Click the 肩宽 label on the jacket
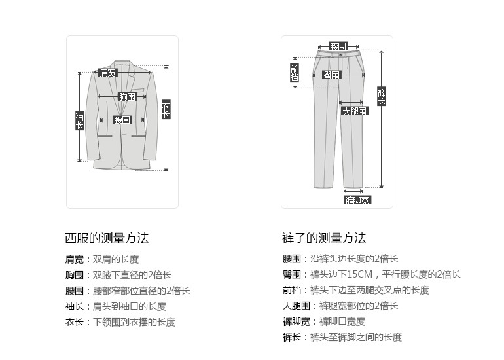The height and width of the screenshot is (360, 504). point(107,73)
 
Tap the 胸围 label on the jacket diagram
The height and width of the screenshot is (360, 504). point(127,96)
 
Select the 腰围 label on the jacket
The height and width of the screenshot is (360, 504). point(122,120)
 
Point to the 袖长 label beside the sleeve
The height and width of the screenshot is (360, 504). point(80,120)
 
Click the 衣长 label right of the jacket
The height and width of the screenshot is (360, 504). point(166,109)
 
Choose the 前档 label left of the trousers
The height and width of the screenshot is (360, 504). point(294,73)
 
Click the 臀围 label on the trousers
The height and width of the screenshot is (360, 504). point(332,75)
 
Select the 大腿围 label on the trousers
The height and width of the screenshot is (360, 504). point(355,111)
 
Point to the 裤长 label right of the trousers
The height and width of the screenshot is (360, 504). point(381,97)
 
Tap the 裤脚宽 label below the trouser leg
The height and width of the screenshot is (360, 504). point(357,200)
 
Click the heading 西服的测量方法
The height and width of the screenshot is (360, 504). point(107,238)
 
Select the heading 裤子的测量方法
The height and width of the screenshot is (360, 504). point(324,238)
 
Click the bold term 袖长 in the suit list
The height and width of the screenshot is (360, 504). point(73,306)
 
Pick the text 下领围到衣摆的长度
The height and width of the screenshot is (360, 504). point(134,322)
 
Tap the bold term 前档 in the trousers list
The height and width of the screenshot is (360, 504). point(291,290)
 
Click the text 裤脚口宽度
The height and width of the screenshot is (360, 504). point(342,321)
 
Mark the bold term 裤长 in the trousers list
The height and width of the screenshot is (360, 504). point(291,337)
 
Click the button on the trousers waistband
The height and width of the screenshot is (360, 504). point(340,56)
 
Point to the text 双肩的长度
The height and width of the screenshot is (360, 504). point(116,259)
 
